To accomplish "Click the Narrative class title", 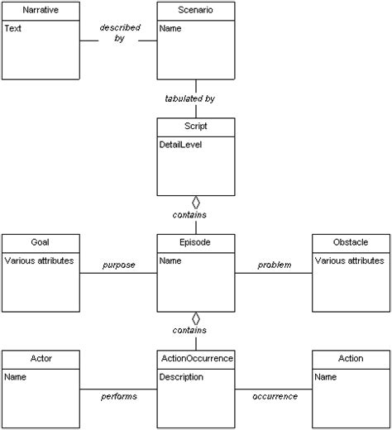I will [40, 12].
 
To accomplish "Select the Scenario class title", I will [195, 12].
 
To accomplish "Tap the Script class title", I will [195, 127].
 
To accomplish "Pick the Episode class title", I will [195, 243].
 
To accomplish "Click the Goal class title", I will [40, 243].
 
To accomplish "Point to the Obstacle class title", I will [351, 243].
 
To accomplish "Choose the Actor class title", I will [40, 359].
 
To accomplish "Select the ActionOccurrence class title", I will [195, 359].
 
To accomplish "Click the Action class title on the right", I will [351, 359].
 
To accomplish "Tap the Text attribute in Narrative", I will [13, 28].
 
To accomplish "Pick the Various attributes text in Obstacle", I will [351, 260].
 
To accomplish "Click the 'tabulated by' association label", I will [190, 98].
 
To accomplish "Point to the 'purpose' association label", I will [119, 265].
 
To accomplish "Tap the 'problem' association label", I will [274, 265].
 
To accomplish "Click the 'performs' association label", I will [119, 397].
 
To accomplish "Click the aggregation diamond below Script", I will [196, 203].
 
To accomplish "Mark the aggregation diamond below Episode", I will [196, 318].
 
